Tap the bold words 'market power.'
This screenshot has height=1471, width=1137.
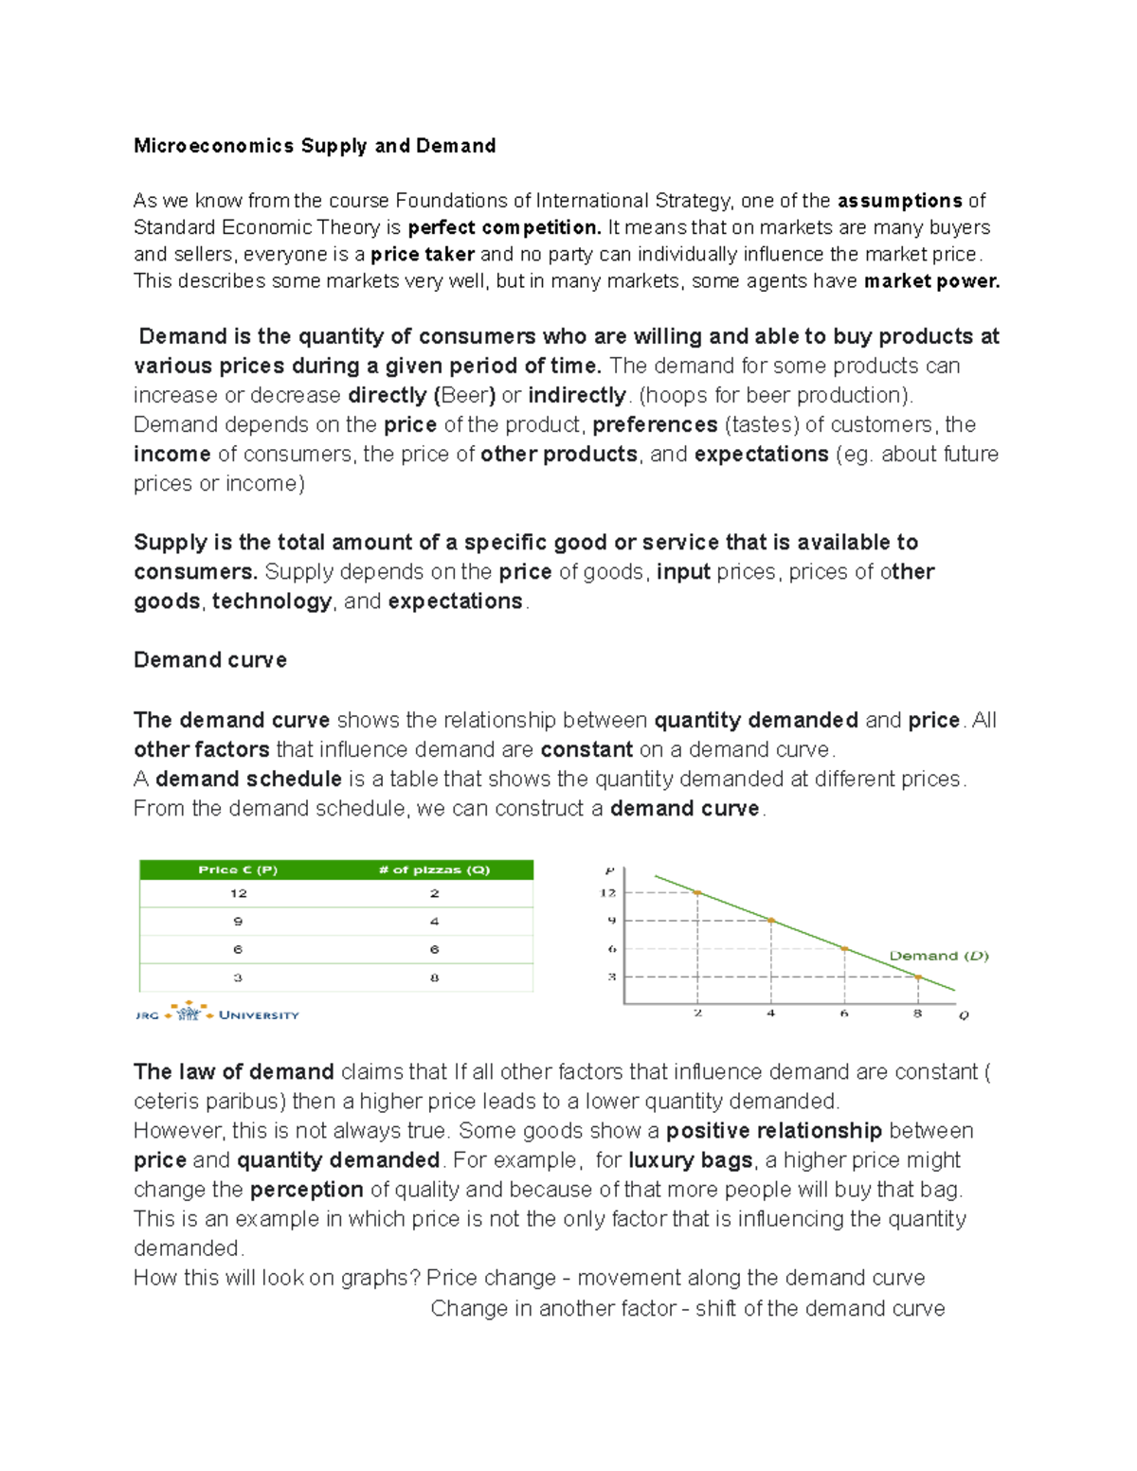[932, 281]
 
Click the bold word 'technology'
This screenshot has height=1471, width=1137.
[272, 601]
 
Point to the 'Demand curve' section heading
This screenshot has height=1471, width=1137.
[210, 660]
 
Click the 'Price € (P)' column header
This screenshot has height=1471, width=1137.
[238, 870]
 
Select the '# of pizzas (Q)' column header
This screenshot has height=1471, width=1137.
[434, 870]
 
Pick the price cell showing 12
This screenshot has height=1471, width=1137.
[238, 893]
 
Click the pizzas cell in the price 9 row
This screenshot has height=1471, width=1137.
[434, 922]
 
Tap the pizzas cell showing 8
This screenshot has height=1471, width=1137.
[434, 978]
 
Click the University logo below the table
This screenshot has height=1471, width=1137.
[217, 1014]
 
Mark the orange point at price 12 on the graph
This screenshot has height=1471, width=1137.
[698, 892]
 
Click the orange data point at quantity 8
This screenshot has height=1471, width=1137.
[917, 977]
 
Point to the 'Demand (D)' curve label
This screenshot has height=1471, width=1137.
[938, 956]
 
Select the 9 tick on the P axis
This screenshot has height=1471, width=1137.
[611, 920]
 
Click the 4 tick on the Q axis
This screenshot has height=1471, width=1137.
[771, 1014]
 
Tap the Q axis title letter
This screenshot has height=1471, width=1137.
[964, 1015]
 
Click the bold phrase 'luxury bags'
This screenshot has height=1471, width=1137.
[690, 1160]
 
